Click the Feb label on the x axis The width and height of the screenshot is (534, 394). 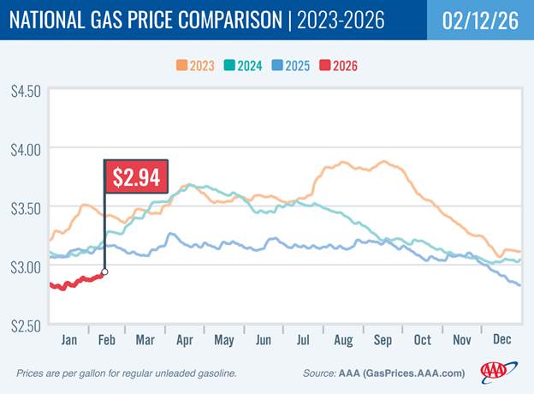[106, 339]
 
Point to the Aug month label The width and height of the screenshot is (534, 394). [342, 339]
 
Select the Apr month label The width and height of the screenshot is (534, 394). [183, 339]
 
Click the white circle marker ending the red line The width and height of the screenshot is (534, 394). [104, 272]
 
